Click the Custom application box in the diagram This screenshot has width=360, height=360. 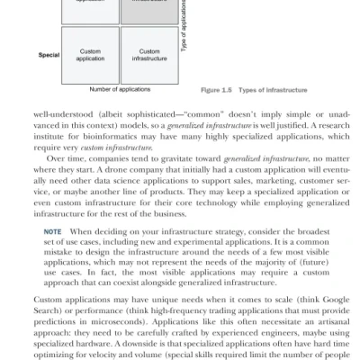coord(90,55)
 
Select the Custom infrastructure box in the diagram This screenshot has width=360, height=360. coord(149,55)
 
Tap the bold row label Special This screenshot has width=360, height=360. coord(48,55)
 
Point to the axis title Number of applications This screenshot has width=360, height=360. coord(120,90)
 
